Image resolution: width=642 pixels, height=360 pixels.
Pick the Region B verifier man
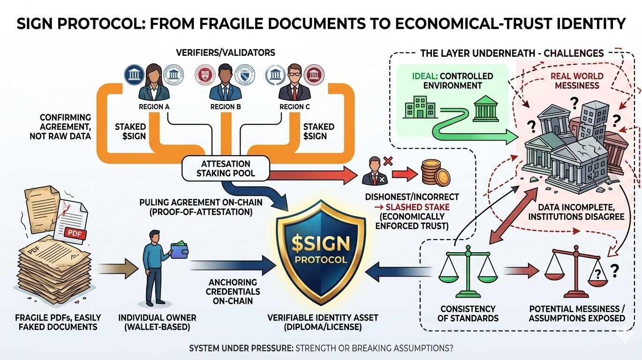click(226, 83)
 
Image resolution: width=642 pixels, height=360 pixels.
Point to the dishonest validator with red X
click(375, 174)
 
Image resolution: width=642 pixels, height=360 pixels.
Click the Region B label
click(226, 106)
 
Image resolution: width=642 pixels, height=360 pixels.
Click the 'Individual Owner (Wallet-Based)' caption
click(158, 322)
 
